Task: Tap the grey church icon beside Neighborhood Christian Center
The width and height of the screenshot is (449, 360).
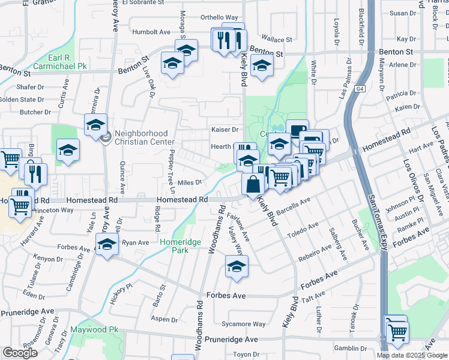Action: point(106,138)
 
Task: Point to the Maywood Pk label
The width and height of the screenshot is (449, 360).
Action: point(94,330)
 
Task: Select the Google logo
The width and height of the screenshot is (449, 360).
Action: point(20,353)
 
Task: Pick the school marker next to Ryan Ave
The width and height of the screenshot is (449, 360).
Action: point(107,245)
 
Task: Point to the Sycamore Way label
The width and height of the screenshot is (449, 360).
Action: point(243,324)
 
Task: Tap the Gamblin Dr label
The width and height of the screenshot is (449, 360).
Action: point(350,348)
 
